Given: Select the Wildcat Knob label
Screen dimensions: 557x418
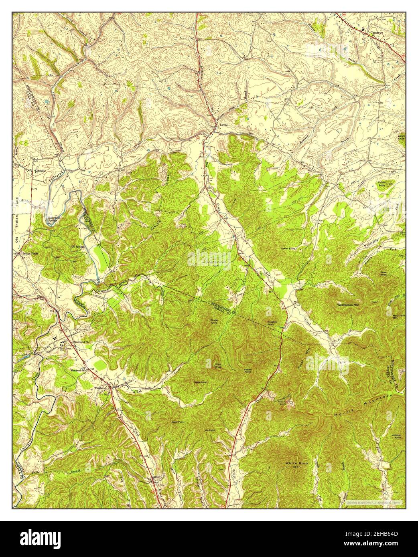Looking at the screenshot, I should point(398,436).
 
